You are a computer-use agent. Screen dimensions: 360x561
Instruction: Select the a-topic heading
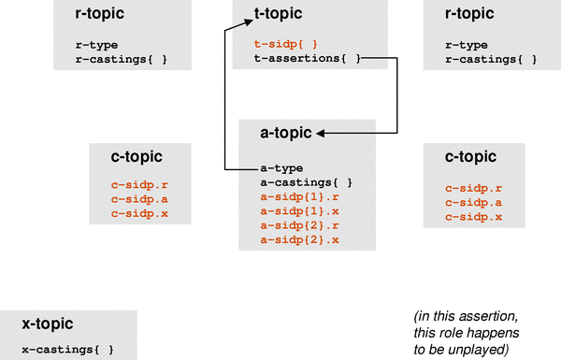(x=287, y=134)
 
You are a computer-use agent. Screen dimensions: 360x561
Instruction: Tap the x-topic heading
(x=48, y=324)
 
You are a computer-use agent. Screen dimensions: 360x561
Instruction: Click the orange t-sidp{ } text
(x=285, y=43)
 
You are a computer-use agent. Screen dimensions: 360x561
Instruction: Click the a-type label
(x=282, y=167)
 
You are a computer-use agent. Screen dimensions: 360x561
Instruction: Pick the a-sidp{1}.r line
(x=299, y=196)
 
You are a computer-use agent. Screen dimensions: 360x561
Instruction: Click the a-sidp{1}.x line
(x=299, y=211)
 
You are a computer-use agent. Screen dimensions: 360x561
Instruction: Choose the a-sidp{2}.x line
(x=299, y=240)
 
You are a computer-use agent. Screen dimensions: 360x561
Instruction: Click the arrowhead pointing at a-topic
(x=322, y=134)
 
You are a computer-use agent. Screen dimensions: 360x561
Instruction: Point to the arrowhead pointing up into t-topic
(x=225, y=30)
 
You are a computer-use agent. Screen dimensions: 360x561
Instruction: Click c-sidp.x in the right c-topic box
(x=473, y=217)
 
